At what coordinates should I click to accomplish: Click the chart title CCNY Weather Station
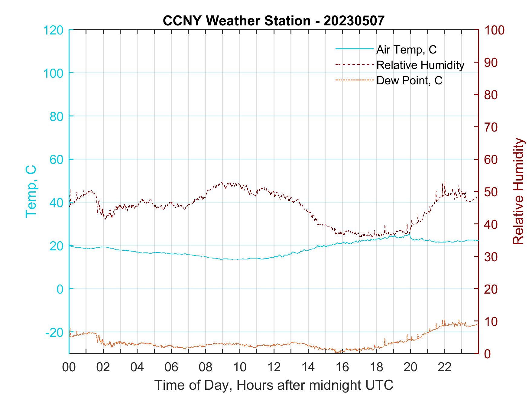pos(274,21)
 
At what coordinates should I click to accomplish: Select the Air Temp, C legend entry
pos(406,50)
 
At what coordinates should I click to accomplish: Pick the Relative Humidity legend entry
pos(420,65)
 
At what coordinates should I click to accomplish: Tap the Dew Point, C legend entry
pos(409,80)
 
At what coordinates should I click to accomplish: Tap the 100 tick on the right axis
pos(495,30)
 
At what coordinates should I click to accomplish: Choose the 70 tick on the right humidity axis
pos(492,127)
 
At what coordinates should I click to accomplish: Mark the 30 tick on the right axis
pos(492,257)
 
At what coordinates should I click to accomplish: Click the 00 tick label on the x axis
pos(69,368)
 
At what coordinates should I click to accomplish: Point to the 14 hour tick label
pos(308,368)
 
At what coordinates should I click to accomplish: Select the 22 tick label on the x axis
pos(445,368)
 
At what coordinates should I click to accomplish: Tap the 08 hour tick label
pos(206,368)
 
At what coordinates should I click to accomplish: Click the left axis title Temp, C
pos(31,191)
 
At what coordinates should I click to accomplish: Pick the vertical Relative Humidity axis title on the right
pos(518,191)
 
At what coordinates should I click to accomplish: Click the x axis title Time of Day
pos(274,385)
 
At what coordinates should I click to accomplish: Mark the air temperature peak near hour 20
pos(409,234)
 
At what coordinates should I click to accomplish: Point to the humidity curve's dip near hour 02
pos(105,218)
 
